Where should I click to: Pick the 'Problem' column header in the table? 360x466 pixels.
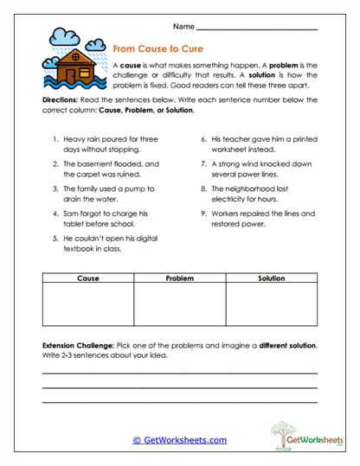(180, 279)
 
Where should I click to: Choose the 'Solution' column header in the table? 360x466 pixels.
(271, 279)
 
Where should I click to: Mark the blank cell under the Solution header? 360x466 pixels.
(271, 304)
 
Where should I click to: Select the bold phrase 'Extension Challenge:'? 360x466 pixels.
(80, 345)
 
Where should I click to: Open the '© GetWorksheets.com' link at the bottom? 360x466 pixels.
(179, 440)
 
